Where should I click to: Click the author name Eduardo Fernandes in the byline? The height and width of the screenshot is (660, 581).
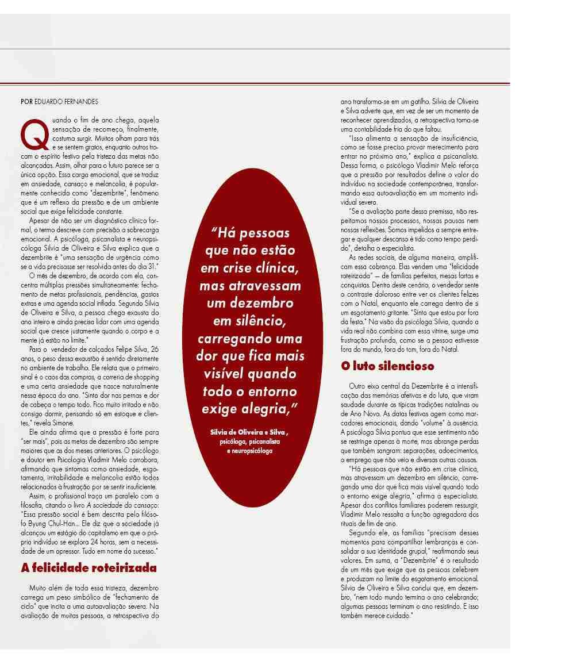[66, 102]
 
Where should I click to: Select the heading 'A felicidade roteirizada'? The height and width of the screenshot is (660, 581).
[89, 568]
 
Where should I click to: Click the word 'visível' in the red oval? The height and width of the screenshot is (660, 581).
[224, 374]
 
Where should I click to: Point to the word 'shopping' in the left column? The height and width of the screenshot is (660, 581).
[146, 377]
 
